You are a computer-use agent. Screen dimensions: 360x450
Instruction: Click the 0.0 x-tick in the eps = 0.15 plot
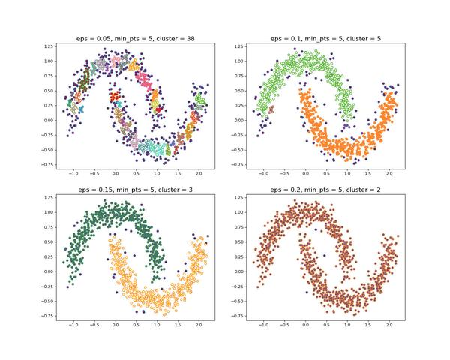click(x=115, y=327)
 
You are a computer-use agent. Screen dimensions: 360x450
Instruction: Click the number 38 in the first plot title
click(x=191, y=38)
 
